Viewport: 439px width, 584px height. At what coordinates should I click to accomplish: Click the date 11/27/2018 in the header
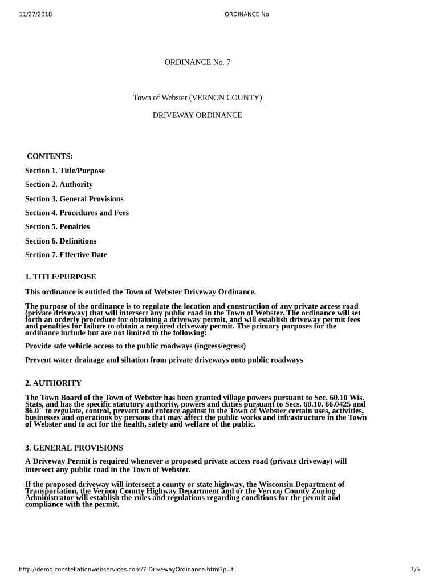35,14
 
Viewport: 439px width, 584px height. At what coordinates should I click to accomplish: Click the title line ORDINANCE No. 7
197,62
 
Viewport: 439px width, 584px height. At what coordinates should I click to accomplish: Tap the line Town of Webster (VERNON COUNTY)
197,98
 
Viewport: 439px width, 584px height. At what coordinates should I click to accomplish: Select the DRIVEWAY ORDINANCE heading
197,115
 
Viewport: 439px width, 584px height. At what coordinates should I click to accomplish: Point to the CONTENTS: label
50,156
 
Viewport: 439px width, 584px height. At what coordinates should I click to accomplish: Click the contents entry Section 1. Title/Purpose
65,171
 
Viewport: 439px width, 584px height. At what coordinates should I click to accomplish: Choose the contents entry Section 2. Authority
59,184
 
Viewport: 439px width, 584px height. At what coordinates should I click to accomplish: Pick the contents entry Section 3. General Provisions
74,198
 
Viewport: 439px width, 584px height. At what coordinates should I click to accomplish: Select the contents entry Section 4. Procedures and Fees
77,213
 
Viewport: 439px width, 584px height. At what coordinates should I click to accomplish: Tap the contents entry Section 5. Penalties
58,226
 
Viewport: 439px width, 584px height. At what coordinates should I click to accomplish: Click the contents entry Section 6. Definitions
60,241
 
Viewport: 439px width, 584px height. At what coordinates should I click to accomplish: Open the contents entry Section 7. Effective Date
66,255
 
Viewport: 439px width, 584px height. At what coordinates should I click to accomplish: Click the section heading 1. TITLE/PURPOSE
60,277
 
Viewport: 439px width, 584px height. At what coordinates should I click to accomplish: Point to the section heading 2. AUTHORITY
53,383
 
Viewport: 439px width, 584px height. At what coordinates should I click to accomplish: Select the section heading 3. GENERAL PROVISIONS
74,448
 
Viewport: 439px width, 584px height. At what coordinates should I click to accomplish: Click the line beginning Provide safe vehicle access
136,346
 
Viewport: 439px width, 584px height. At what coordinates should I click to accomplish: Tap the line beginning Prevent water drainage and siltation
164,360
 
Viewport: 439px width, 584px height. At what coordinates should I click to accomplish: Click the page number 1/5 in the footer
415,569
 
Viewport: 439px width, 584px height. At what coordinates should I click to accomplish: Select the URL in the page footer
127,569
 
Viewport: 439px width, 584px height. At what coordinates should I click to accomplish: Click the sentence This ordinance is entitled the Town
140,292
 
